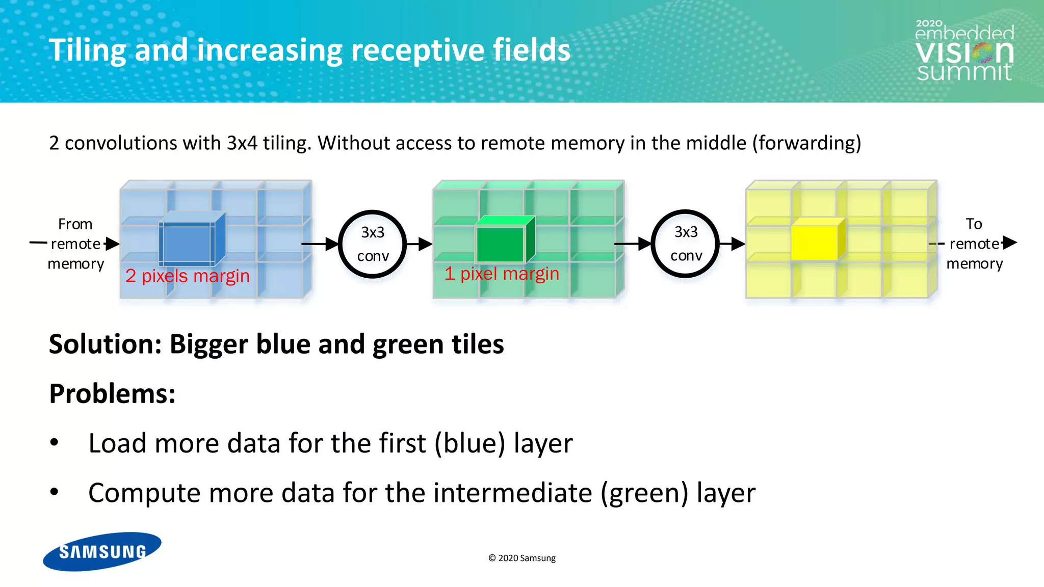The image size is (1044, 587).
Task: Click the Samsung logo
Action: [x=102, y=551]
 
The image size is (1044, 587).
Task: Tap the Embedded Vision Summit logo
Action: [x=964, y=51]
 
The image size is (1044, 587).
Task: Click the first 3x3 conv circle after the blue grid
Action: [x=373, y=244]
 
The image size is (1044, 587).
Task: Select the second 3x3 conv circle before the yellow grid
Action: [x=686, y=244]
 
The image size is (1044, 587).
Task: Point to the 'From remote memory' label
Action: [x=75, y=244]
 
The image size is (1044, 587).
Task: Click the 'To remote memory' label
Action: [x=974, y=244]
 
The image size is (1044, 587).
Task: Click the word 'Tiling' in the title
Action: [x=87, y=50]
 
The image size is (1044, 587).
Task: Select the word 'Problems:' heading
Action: [x=112, y=394]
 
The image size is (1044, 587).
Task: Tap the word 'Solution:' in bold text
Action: [x=105, y=344]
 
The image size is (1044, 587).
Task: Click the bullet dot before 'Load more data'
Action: [x=55, y=442]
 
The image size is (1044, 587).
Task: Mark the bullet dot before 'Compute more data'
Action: [x=55, y=492]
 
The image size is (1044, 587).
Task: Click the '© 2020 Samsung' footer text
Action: [x=522, y=558]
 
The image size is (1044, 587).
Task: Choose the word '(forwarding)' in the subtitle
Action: [x=806, y=143]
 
